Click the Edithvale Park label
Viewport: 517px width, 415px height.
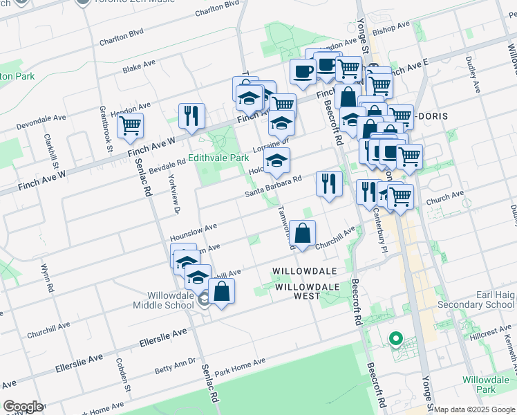[x=218, y=158]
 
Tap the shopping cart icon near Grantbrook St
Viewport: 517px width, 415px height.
[x=129, y=125]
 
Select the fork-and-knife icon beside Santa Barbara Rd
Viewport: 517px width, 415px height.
[x=328, y=183]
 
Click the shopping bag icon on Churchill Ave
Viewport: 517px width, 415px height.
[x=303, y=232]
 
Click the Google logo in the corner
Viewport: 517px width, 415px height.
[x=22, y=407]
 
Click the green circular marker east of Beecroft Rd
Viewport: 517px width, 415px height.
[x=395, y=339]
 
